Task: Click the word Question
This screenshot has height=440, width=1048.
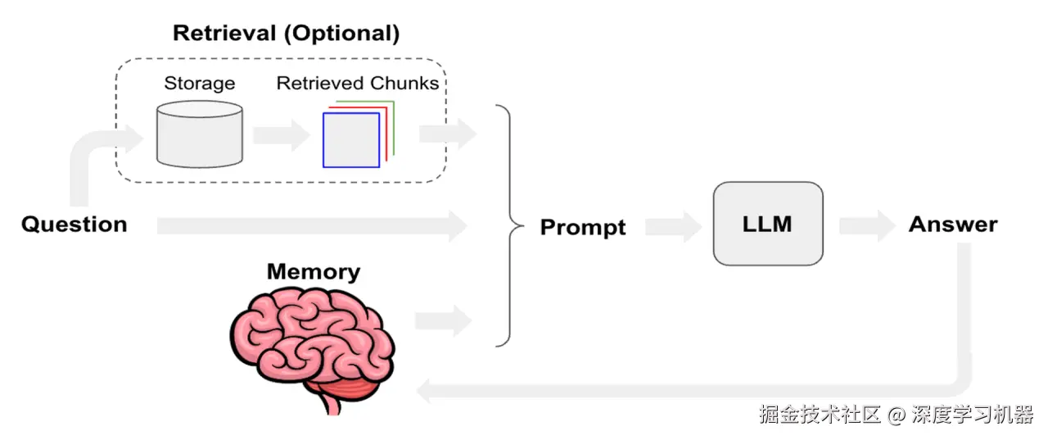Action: click(x=75, y=225)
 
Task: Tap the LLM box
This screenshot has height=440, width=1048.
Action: click(x=768, y=224)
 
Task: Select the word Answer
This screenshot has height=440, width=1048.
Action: click(x=953, y=225)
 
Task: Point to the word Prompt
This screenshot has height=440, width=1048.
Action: click(x=583, y=228)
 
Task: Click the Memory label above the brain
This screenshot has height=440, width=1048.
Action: click(x=314, y=271)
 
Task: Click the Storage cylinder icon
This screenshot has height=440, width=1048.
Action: click(x=200, y=134)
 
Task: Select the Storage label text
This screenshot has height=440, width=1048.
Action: click(x=200, y=84)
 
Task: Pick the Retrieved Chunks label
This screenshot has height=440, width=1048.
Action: click(x=358, y=83)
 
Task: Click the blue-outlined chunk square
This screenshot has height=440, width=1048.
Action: click(x=351, y=140)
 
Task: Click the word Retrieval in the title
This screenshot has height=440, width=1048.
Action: click(x=224, y=34)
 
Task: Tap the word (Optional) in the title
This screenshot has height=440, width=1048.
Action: click(x=342, y=34)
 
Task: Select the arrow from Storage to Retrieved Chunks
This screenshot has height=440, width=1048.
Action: click(x=282, y=135)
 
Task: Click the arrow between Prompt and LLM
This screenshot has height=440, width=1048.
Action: click(x=674, y=227)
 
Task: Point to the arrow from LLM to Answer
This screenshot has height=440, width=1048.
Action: click(x=868, y=226)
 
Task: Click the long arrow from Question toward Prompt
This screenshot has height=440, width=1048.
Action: click(x=312, y=226)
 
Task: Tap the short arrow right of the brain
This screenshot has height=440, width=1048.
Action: click(x=444, y=321)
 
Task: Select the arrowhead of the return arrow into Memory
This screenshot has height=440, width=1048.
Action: click(x=424, y=392)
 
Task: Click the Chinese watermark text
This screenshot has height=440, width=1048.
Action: click(x=896, y=415)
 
